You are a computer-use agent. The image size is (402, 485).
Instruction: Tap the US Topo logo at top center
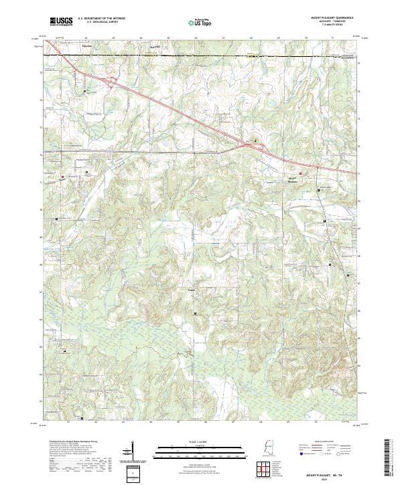coord(200,21)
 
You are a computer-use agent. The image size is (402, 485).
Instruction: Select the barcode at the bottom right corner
coord(387,460)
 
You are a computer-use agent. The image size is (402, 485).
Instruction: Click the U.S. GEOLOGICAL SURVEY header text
coord(99,23)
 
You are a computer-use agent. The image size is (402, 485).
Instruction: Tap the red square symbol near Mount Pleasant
coord(301,174)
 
